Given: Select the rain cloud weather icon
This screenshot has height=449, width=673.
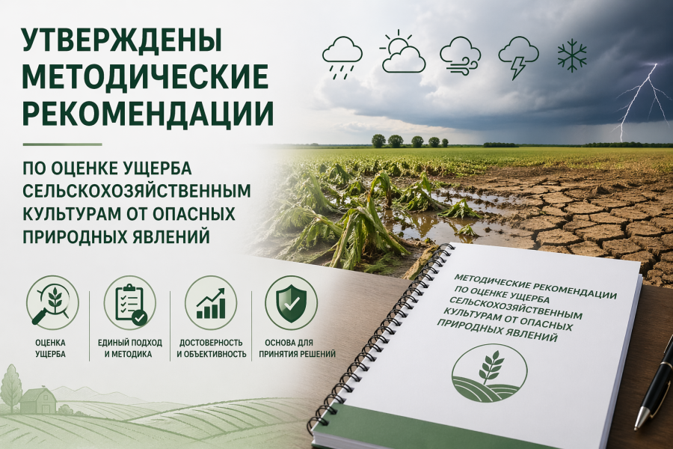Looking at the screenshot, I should point(342,55).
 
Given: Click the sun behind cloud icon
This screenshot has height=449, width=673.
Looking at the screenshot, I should point(402,54).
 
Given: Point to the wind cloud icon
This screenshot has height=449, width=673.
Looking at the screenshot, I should point(460,55).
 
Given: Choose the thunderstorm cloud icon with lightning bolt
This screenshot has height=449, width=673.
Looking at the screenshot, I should point(518,57).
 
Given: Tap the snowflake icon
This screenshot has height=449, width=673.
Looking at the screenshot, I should point(572,55).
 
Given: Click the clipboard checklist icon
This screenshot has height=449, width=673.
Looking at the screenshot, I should point(129,302).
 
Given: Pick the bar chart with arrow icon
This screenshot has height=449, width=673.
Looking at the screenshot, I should point(211,302).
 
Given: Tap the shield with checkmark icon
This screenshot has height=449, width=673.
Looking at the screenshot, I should point(291,302).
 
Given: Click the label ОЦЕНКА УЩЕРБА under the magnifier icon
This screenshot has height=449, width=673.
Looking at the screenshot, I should point(51,347).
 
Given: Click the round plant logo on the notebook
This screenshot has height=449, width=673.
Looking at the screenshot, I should point(489,373).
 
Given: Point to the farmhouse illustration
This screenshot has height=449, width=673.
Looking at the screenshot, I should point(37,401).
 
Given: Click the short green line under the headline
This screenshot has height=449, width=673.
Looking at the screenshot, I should point(62,144).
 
